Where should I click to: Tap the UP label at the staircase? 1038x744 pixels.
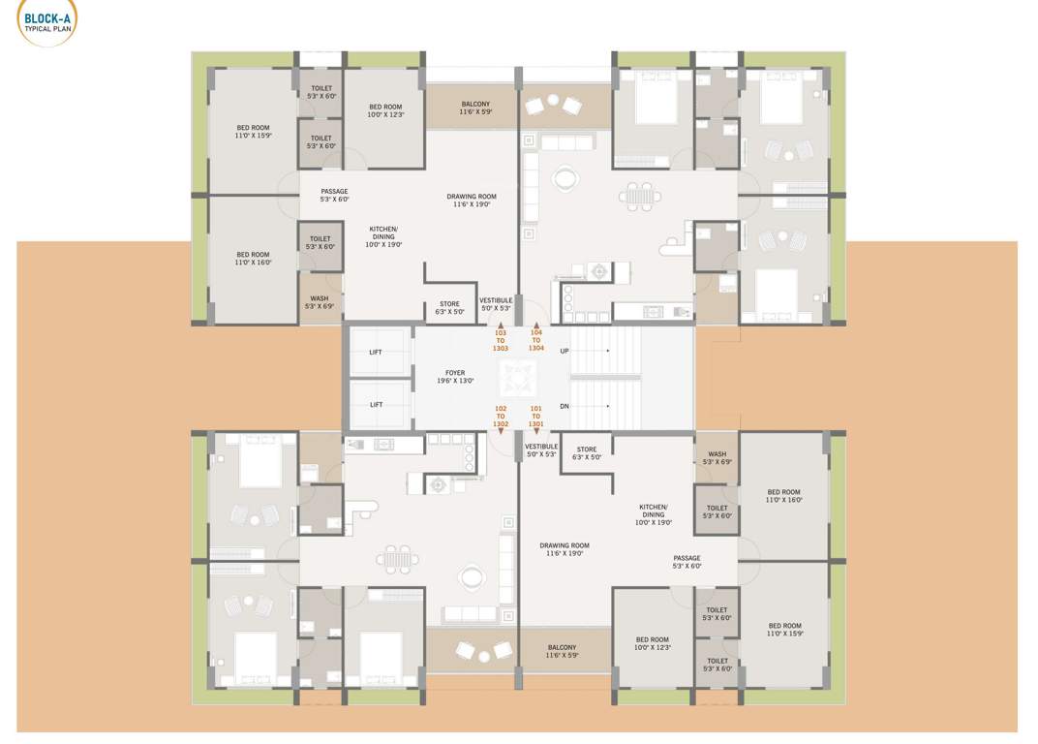point(565,351)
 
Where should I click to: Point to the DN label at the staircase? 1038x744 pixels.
point(565,406)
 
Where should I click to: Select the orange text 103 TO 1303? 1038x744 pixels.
point(501,340)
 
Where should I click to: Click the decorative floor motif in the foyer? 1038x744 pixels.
point(518,378)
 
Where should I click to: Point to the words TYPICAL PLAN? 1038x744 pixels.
point(46,28)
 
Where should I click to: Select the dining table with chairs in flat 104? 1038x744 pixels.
point(639,195)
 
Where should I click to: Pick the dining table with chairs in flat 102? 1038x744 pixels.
point(398,559)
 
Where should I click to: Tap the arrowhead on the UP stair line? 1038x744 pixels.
point(608,351)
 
